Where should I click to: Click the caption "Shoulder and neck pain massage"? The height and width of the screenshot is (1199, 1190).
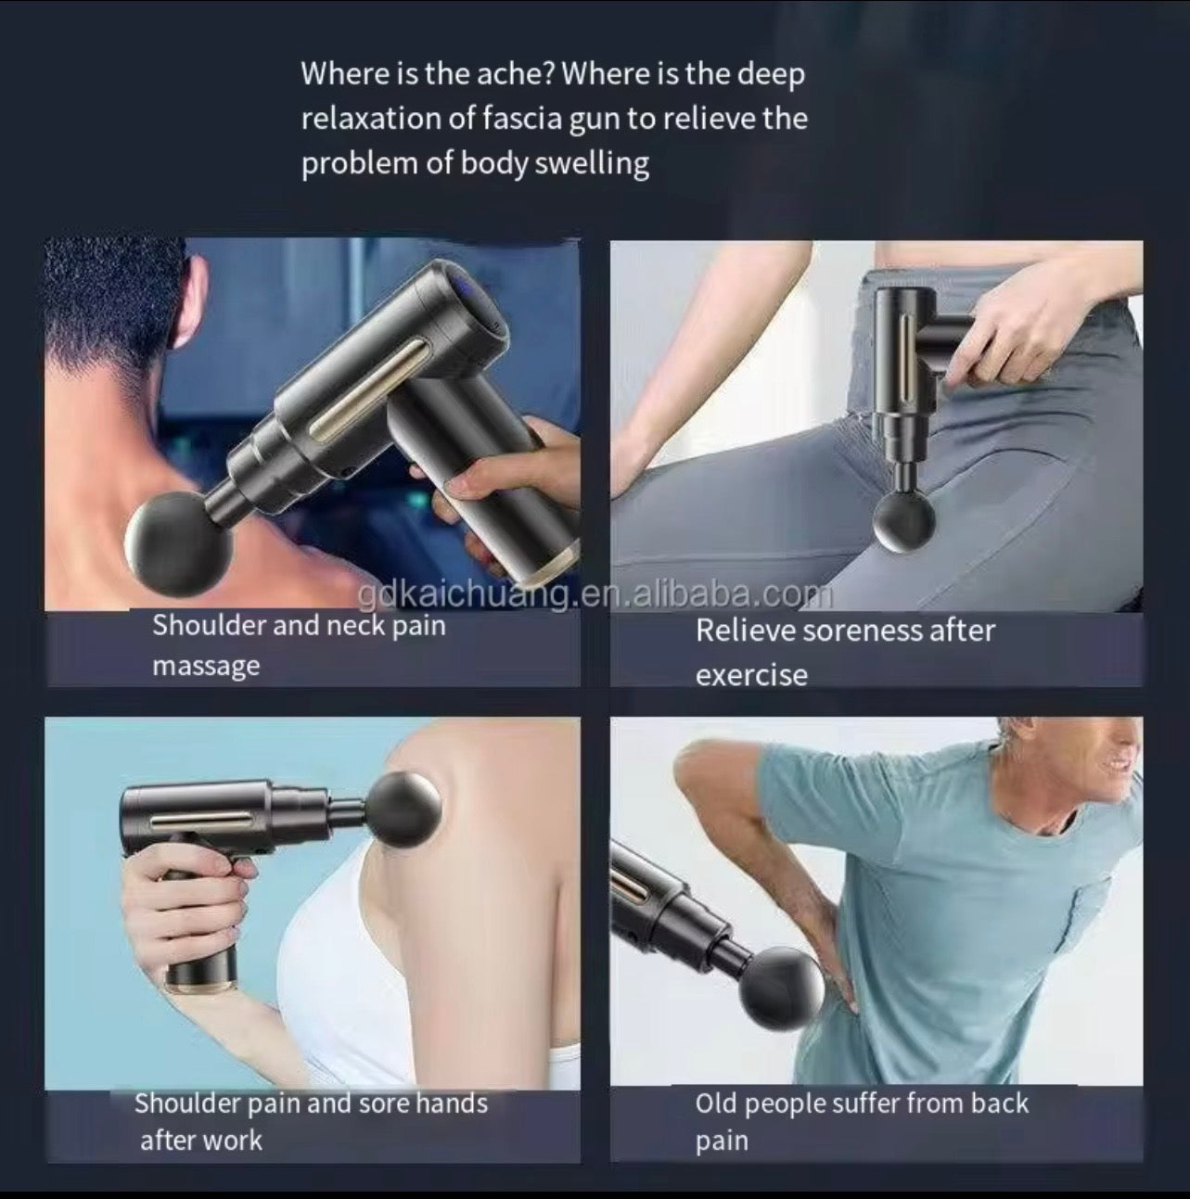pyautogui.click(x=299, y=644)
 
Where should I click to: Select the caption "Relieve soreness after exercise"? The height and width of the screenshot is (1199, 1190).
pyautogui.click(x=844, y=651)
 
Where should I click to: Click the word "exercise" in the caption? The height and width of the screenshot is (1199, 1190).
pyautogui.click(x=751, y=675)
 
